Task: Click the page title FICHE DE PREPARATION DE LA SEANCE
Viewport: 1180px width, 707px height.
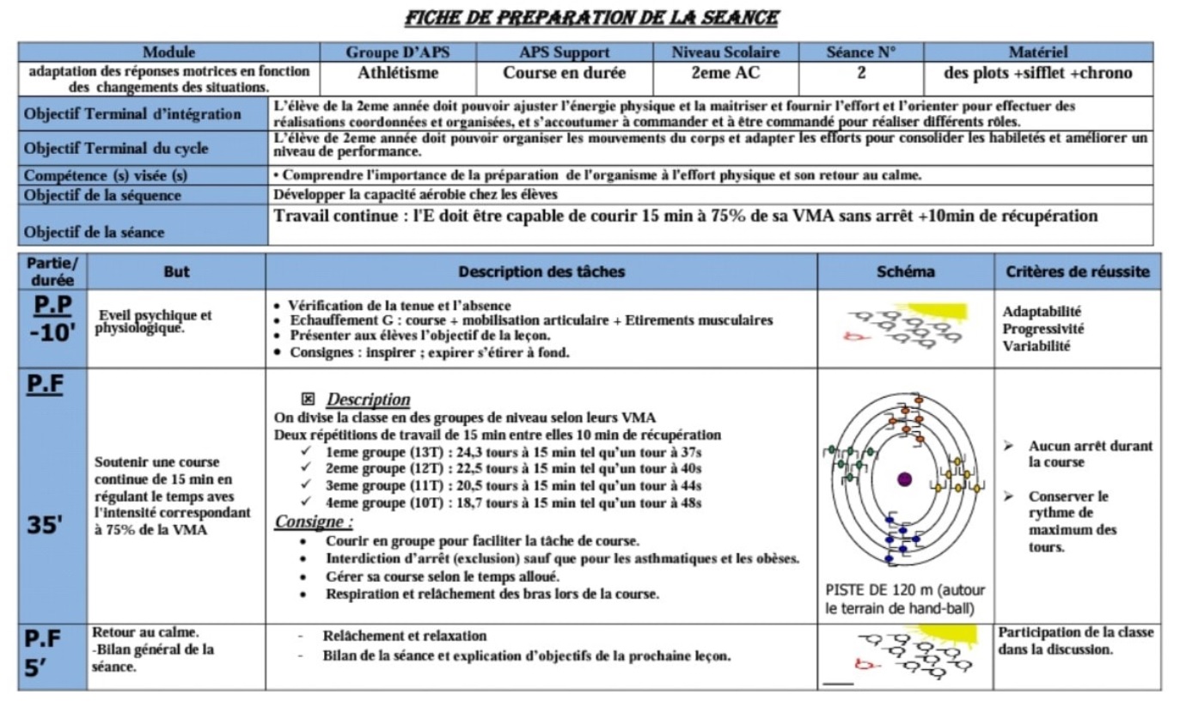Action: [x=592, y=17]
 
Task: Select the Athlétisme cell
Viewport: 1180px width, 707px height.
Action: [x=398, y=74]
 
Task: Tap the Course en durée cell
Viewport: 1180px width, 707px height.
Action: [x=564, y=74]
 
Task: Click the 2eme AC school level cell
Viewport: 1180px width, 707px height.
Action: [x=725, y=74]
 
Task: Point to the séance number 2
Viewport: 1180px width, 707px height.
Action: [x=861, y=74]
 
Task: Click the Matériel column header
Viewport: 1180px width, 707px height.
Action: [x=1038, y=52]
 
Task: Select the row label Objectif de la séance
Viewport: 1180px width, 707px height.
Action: [x=95, y=232]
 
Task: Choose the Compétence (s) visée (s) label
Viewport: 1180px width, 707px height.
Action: [x=106, y=176]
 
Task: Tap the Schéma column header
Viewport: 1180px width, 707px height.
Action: [x=906, y=272]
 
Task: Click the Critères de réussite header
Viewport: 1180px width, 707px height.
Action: [x=1078, y=272]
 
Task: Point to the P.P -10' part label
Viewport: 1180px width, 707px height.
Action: [x=53, y=320]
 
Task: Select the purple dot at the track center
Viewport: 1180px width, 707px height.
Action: [x=904, y=479]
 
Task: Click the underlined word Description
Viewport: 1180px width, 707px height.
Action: [x=368, y=399]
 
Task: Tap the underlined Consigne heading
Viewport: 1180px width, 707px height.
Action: [x=314, y=521]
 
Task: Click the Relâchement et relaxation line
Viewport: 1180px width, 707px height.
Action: [x=404, y=637]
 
